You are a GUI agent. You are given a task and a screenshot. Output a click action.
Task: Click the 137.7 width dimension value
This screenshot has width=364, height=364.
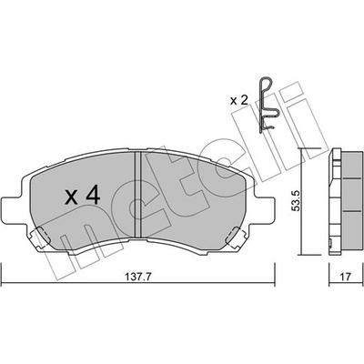pos(138,277)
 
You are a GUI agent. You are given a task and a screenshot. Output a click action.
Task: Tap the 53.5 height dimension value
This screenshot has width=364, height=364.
pos(296,201)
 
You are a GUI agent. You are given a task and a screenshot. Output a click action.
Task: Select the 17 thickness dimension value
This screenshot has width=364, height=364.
pos(345,277)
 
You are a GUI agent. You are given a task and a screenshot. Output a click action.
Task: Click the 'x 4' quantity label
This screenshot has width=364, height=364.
pos(83,197)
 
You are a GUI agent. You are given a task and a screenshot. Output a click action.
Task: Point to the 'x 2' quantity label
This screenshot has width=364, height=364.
pos(238,100)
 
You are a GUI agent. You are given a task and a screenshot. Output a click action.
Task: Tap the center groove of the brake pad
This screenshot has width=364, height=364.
pos(138,195)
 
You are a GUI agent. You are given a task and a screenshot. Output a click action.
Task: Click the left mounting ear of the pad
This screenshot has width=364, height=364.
pos(12,209)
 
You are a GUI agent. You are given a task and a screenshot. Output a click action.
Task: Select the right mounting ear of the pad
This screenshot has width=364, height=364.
pos(264,209)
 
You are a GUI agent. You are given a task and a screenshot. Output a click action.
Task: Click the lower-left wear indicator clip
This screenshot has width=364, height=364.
pos(39,238)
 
